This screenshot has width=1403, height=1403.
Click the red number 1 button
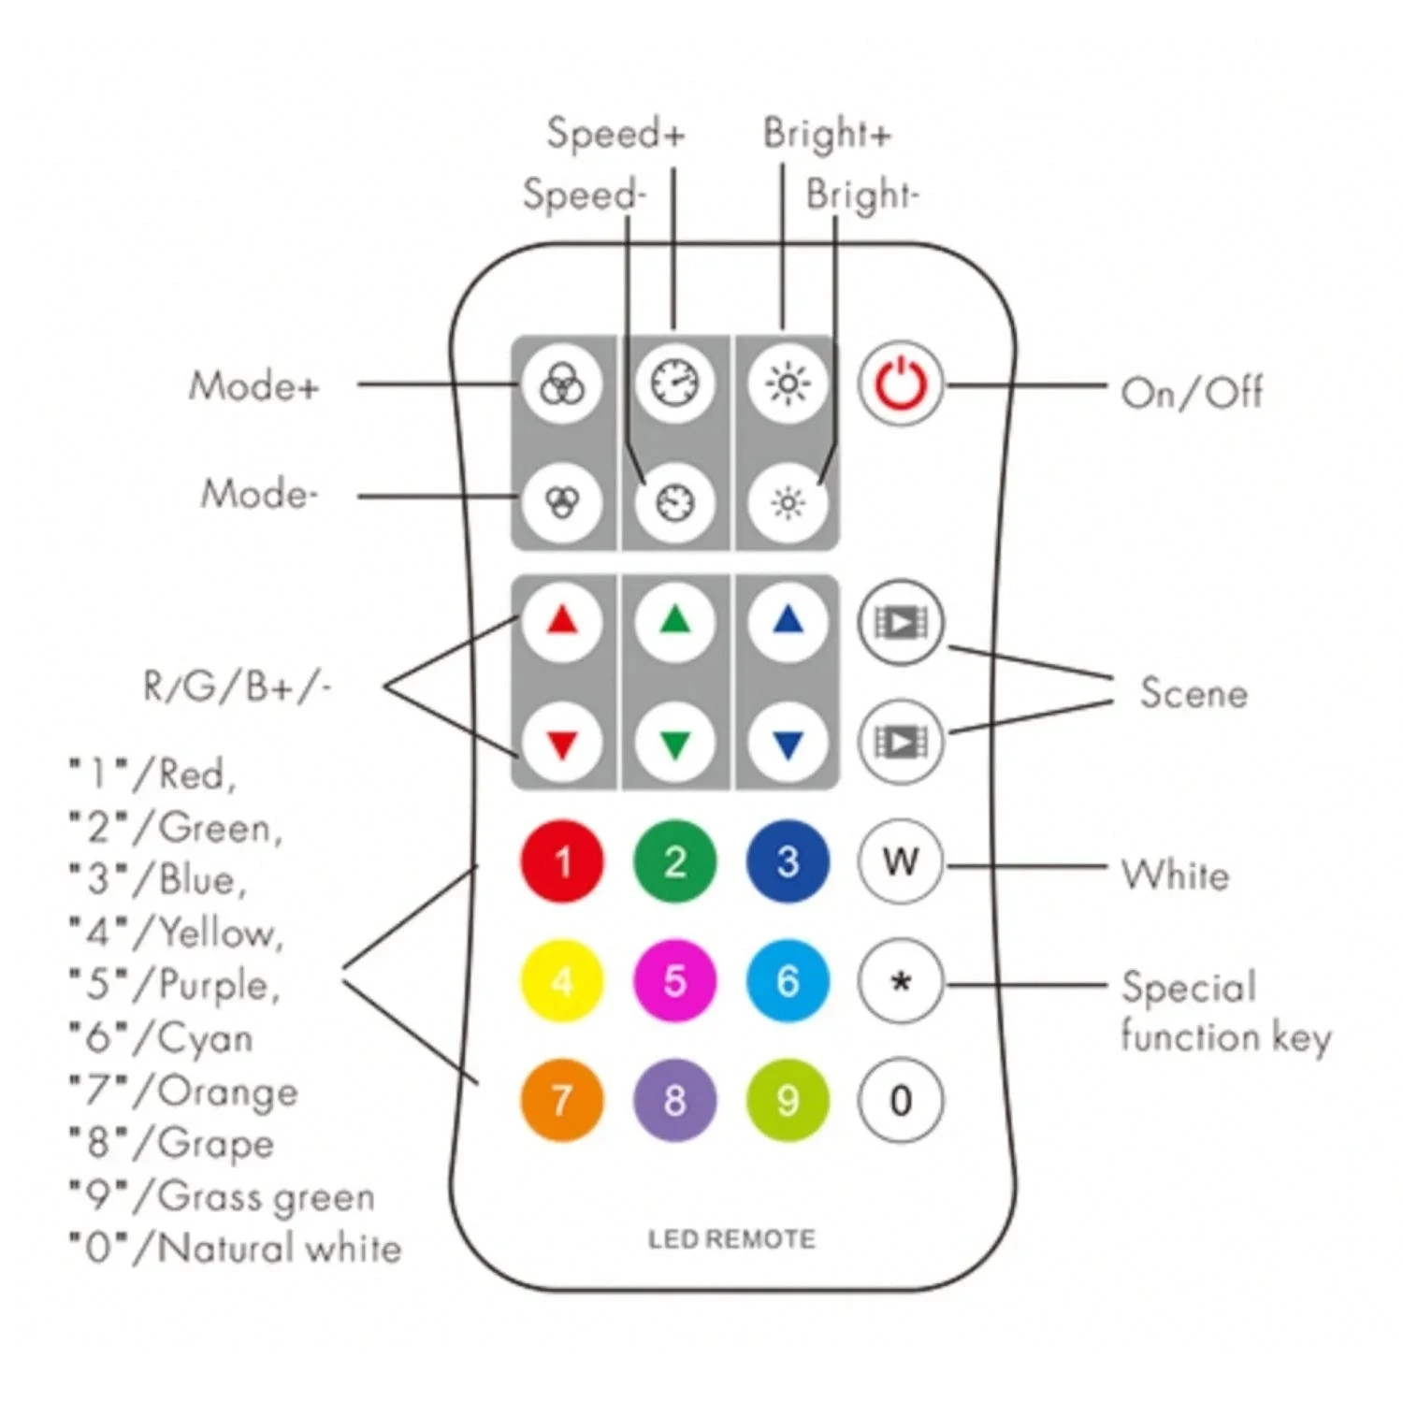562,861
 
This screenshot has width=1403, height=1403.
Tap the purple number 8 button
674,1100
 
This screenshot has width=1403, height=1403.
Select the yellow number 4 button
562,981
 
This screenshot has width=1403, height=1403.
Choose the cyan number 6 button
788,981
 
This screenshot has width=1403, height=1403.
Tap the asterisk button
900,982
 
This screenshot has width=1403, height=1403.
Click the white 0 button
900,1101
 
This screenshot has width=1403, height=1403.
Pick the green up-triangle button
674,622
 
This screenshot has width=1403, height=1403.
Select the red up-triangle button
562,622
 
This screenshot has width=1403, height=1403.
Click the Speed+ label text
615,134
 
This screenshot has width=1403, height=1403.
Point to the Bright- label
861,195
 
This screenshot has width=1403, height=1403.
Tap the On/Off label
1192,393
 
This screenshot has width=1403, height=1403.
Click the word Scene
1193,694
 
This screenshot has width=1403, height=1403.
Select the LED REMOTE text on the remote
731,1239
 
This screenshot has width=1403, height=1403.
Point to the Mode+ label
253,386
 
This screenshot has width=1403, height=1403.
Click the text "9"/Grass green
223,1196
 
